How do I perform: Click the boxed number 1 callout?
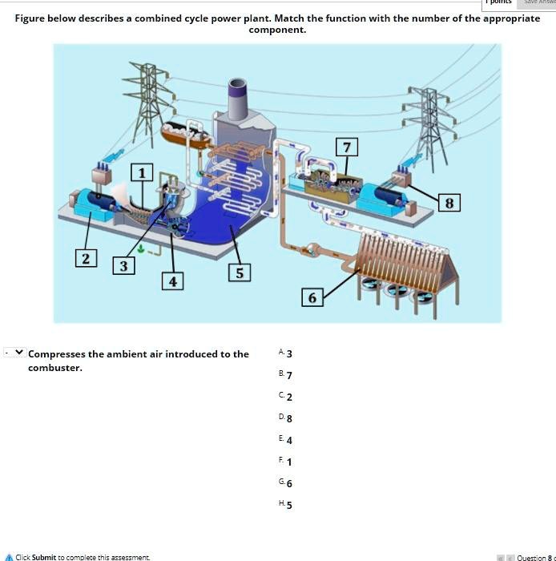click(x=143, y=172)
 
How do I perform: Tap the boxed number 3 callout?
click(x=123, y=266)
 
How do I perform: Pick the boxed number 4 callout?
click(x=173, y=280)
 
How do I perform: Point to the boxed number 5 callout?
click(x=239, y=272)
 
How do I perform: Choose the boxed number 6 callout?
click(x=312, y=297)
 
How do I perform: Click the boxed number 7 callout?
click(x=346, y=147)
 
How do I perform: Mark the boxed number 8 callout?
click(x=449, y=203)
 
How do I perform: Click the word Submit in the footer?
click(x=44, y=556)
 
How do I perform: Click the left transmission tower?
click(x=148, y=100)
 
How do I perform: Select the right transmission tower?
click(x=429, y=120)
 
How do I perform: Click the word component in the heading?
click(x=277, y=30)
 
